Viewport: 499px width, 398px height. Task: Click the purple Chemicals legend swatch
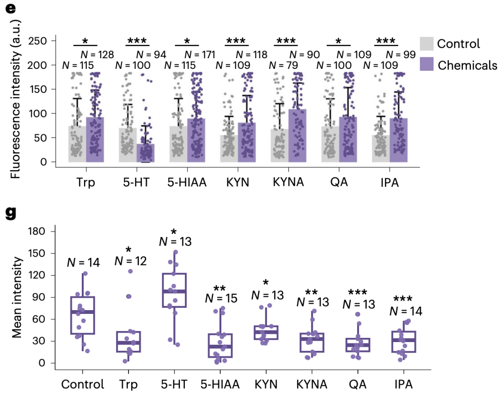(426, 64)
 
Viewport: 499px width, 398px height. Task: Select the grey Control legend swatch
(426, 43)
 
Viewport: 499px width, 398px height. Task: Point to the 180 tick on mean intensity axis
(37, 231)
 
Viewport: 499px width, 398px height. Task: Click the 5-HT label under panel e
(136, 183)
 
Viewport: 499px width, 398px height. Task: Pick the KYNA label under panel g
(312, 384)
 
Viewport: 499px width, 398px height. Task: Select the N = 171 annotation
(200, 55)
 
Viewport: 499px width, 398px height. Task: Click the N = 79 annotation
(284, 65)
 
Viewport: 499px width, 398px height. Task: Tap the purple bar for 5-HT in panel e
(146, 153)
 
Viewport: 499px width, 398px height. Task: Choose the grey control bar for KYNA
(280, 146)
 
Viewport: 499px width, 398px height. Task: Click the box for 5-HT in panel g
(174, 290)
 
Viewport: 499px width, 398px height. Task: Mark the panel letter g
(11, 213)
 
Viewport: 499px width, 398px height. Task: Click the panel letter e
(11, 8)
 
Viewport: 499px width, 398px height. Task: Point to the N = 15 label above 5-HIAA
(221, 298)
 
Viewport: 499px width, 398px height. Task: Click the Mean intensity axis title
(17, 297)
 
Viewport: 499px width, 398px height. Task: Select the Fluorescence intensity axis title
(15, 99)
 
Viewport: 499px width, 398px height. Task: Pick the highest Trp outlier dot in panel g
(130, 271)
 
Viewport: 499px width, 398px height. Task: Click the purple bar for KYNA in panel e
(298, 135)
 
